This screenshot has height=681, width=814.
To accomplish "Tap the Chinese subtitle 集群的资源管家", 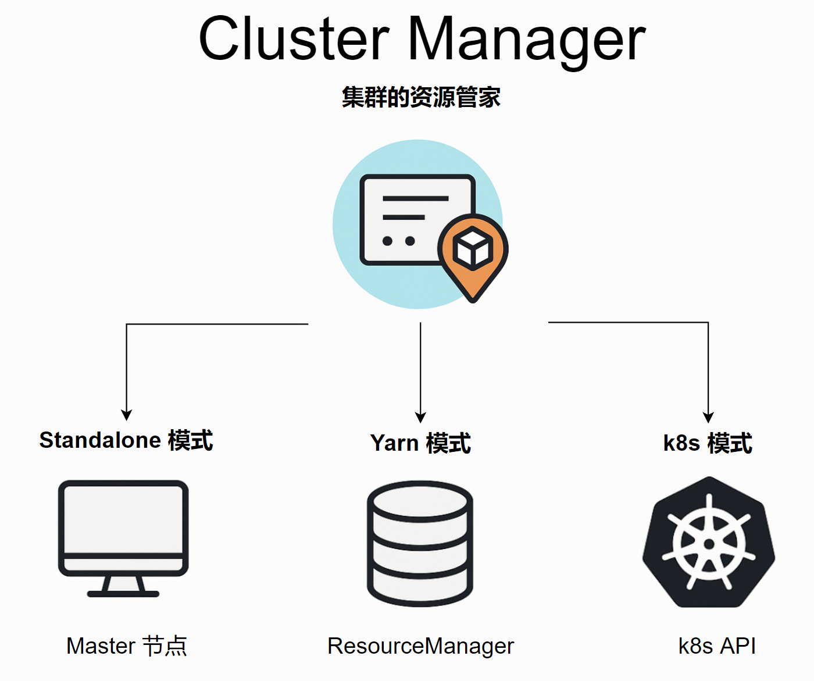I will [x=421, y=97].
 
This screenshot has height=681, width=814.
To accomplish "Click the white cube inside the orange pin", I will [x=473, y=248].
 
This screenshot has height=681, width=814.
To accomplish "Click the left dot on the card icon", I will [x=387, y=241].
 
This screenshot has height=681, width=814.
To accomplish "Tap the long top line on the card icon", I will [x=415, y=198].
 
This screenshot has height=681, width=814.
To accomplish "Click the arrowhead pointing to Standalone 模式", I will [x=126, y=415].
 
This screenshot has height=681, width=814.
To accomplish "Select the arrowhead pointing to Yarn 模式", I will [x=420, y=417].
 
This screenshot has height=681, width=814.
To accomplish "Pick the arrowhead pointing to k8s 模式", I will [x=708, y=417].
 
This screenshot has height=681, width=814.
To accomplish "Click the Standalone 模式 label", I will [x=126, y=440].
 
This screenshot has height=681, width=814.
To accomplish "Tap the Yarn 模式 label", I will [x=420, y=443].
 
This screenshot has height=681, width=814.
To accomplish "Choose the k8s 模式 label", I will [x=708, y=443].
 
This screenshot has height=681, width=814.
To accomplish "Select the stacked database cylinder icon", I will [x=420, y=543].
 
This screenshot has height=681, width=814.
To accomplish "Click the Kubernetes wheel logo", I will [x=709, y=543].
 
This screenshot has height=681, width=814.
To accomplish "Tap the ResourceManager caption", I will [x=420, y=646].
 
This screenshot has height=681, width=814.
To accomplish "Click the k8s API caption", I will [x=717, y=646].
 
